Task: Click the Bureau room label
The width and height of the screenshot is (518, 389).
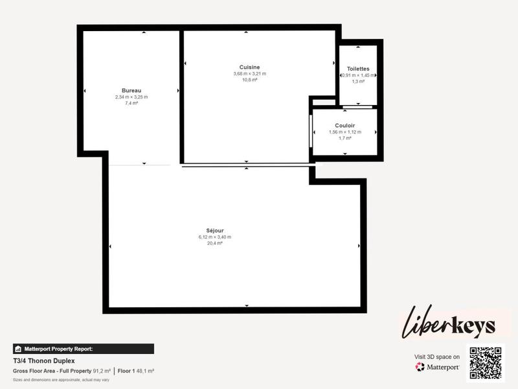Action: click(131, 90)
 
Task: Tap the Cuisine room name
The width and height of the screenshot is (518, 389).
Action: click(249, 67)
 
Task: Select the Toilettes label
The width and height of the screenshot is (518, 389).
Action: click(358, 68)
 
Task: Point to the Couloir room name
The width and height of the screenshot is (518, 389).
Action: click(344, 125)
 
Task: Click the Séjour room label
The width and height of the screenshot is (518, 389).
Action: click(215, 230)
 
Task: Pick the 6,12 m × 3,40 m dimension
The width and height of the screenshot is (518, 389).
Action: click(215, 237)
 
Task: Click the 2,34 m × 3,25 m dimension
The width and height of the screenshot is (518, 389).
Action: click(131, 97)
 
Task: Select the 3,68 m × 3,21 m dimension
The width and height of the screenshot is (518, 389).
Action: click(249, 73)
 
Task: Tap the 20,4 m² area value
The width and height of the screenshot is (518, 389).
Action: click(215, 244)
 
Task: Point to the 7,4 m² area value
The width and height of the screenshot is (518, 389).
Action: click(131, 103)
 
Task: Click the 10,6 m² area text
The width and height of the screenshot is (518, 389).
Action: click(249, 80)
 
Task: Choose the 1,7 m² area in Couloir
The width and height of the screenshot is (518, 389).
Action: click(344, 138)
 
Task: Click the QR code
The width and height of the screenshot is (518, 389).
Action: click(486, 363)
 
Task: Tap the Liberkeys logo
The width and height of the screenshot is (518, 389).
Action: click(449, 324)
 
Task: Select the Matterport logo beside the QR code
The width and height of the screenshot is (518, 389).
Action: click(438, 367)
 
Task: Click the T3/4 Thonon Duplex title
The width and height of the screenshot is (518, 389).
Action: click(44, 360)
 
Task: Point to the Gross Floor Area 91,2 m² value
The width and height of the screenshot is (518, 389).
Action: click(100, 371)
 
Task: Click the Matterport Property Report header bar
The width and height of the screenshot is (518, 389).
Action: click(83, 349)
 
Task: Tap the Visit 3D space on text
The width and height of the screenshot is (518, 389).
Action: click(437, 357)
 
